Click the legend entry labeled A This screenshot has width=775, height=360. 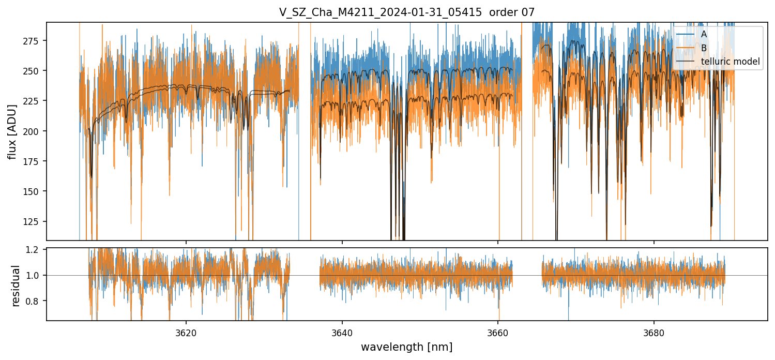pos(704,34)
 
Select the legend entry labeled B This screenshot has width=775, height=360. pos(704,48)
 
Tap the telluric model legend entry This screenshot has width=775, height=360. pos(730,62)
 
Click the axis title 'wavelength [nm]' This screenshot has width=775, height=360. pos(407,347)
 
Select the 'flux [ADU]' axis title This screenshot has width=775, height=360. pos(12,131)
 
